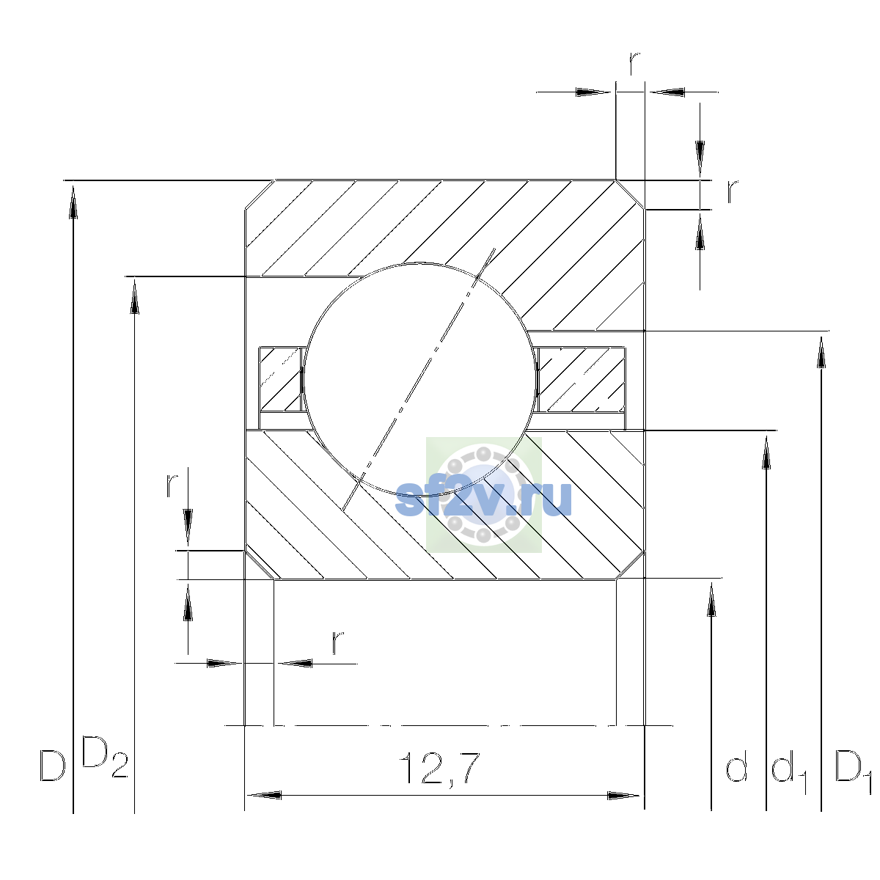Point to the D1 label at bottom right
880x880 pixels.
pyautogui.click(x=853, y=771)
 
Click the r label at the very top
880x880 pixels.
pyautogui.click(x=634, y=64)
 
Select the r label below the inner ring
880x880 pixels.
pyautogui.click(x=337, y=642)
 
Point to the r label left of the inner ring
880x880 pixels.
pyautogui.click(x=172, y=485)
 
